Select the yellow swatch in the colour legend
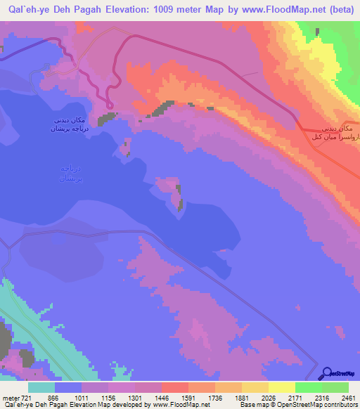coord(281,388)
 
